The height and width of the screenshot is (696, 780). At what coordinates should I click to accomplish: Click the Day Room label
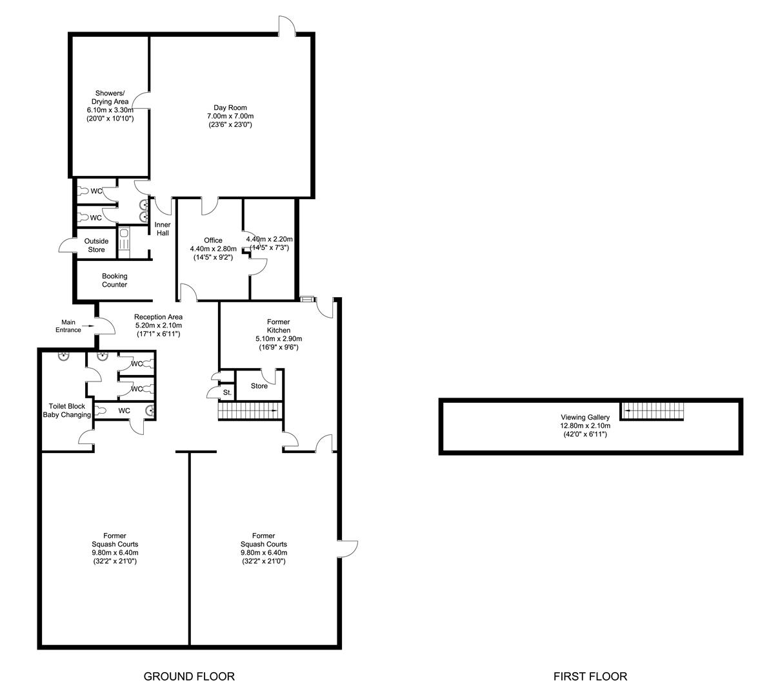[x=230, y=108]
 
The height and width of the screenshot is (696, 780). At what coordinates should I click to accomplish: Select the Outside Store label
[x=96, y=246]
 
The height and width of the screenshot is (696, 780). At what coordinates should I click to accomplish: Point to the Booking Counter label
[x=114, y=280]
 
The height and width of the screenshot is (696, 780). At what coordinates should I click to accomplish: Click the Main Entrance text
[x=68, y=326]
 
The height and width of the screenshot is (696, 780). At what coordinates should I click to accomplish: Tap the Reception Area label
[x=158, y=317]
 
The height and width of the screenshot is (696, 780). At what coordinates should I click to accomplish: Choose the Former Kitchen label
[x=278, y=326]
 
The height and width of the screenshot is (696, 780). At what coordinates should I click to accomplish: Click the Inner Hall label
[x=163, y=229]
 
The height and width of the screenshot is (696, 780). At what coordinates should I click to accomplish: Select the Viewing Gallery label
[x=585, y=418]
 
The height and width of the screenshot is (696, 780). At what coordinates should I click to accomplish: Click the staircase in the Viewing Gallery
[x=652, y=411]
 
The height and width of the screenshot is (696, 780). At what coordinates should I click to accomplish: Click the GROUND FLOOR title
[x=189, y=676]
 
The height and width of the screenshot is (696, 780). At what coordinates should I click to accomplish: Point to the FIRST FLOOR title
[x=590, y=676]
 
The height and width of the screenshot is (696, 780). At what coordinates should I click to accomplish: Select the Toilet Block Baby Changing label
[x=66, y=411]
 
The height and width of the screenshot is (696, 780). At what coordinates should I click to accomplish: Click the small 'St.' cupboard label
[x=227, y=392]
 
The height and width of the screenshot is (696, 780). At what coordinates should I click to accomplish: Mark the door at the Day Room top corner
[x=286, y=26]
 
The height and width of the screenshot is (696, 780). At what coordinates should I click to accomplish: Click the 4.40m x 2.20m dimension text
[x=269, y=239]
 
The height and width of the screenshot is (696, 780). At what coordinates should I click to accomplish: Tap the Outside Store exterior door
[x=67, y=245]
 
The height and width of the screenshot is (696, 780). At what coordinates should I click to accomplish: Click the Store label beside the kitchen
[x=259, y=386]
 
